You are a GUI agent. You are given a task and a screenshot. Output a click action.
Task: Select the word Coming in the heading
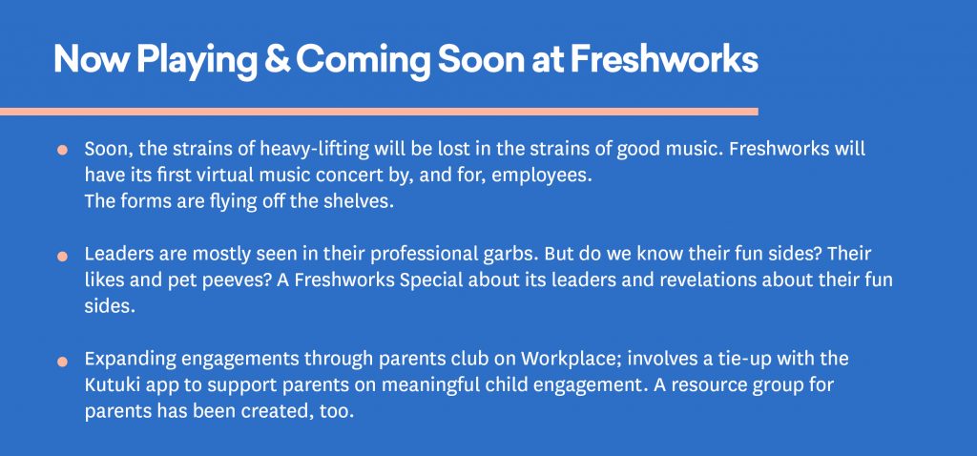[x=363, y=61]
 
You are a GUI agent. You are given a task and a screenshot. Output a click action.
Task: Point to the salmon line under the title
[x=379, y=112]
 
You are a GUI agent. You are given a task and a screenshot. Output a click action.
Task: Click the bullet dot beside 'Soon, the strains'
[x=62, y=150]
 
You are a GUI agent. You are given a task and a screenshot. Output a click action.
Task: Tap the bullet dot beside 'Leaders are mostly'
[x=62, y=256]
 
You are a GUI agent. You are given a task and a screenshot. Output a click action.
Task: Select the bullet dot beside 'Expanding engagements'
[x=62, y=361]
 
